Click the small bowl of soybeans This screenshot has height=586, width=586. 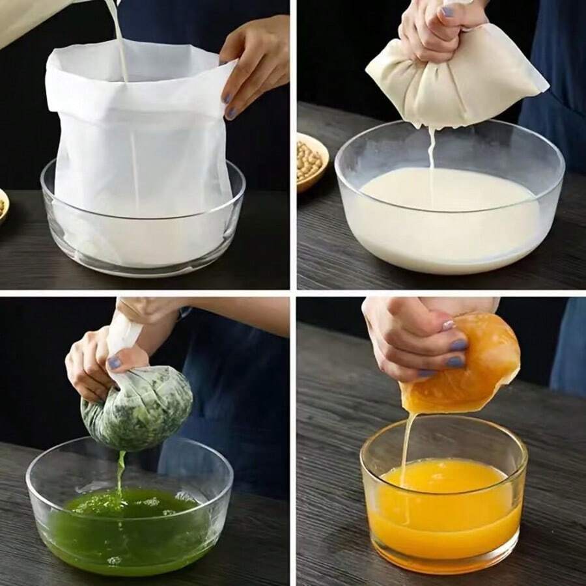pyautogui.click(x=312, y=160)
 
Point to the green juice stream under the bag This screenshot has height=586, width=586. pyautogui.click(x=120, y=472)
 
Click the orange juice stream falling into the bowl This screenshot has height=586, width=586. pyautogui.click(x=407, y=443)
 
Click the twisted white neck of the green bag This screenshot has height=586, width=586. pyautogui.click(x=126, y=335)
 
